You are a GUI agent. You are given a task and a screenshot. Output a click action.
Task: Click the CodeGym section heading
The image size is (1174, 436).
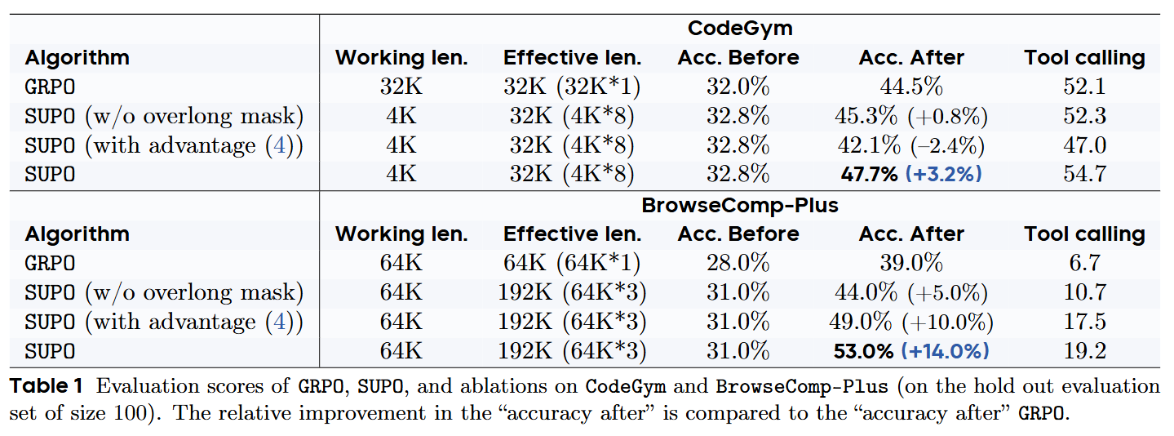(x=739, y=29)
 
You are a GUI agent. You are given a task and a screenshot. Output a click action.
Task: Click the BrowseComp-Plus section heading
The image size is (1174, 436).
(x=739, y=205)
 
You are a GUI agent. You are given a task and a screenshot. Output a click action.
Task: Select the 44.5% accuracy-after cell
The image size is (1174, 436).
(x=910, y=87)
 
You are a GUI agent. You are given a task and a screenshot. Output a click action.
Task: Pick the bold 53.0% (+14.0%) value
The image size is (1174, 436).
(x=910, y=351)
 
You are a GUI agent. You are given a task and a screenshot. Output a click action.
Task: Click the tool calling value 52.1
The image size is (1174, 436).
(x=1084, y=87)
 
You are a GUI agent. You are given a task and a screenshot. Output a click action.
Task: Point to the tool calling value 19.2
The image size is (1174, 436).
(x=1084, y=351)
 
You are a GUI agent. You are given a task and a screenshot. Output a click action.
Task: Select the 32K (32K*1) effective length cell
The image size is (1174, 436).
(x=572, y=87)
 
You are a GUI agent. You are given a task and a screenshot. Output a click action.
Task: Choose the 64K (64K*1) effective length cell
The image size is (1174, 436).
(x=572, y=264)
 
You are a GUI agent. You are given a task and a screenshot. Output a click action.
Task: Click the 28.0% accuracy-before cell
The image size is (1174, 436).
(x=738, y=264)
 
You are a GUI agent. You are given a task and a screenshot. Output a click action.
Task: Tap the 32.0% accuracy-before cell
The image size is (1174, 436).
(x=738, y=87)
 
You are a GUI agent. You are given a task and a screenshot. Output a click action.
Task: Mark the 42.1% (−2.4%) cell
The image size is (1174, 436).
(x=910, y=146)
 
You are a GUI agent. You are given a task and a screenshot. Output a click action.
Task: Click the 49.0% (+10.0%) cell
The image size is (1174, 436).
(x=910, y=323)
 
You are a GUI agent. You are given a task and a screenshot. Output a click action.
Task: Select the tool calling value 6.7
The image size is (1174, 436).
(x=1084, y=264)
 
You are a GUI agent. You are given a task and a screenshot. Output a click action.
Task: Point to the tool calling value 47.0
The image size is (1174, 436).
(x=1084, y=146)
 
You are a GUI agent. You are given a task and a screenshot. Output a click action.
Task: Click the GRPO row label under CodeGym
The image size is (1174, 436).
(x=50, y=87)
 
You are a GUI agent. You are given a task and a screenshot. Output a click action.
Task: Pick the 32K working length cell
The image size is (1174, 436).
(x=401, y=87)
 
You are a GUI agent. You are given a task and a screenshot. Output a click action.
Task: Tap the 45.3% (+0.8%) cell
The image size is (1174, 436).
(x=910, y=117)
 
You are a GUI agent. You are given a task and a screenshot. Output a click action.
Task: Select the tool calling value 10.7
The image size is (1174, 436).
(x=1084, y=293)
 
